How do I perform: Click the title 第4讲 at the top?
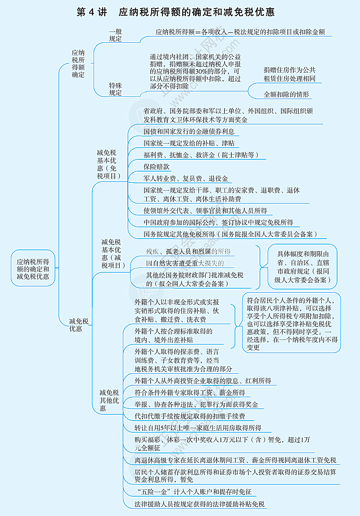click(x=92, y=12)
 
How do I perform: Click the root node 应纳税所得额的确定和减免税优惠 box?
click(x=33, y=268)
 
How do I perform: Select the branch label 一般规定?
click(x=115, y=35)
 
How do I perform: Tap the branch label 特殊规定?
click(x=115, y=89)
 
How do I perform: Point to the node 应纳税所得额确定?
click(x=78, y=63)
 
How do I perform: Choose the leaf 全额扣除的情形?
click(x=286, y=95)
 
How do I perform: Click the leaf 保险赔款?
click(x=156, y=167)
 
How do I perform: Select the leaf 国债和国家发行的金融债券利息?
click(x=189, y=131)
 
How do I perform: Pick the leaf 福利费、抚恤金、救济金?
click(x=201, y=155)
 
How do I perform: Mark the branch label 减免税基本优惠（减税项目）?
click(x=111, y=253)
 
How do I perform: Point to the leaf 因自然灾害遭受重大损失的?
click(x=184, y=263)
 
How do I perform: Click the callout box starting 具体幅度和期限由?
click(x=302, y=267)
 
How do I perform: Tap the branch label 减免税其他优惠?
click(x=109, y=400)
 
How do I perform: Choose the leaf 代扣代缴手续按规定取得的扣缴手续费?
click(x=189, y=416)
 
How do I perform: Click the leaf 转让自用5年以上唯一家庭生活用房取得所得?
click(x=198, y=428)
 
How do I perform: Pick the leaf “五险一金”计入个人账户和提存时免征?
click(x=193, y=492)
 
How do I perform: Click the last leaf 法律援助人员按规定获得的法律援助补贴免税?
click(x=199, y=504)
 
